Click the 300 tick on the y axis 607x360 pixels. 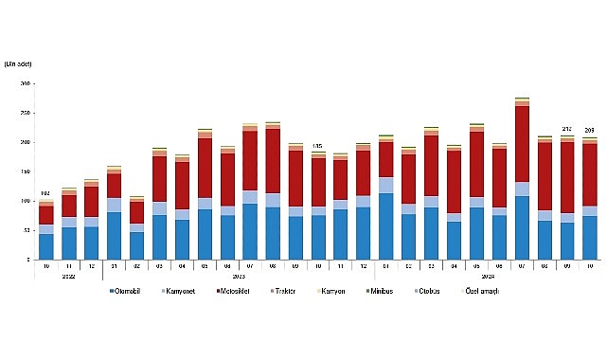25,84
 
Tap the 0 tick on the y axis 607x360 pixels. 28,260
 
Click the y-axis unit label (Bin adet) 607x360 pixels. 19,63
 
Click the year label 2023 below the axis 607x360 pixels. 239,277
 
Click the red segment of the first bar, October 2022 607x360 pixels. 46,215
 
